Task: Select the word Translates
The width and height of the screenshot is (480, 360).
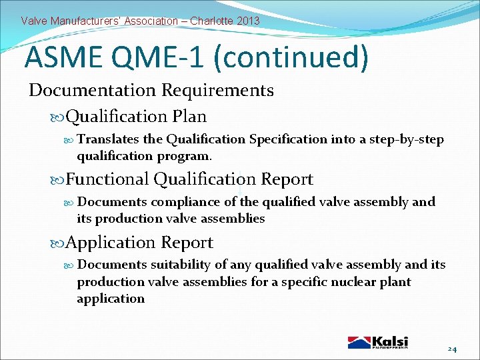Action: (x=109, y=139)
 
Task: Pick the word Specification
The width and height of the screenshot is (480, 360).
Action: (x=288, y=139)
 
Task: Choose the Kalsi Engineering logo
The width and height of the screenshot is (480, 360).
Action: (x=378, y=342)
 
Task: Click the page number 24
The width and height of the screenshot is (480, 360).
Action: (x=453, y=348)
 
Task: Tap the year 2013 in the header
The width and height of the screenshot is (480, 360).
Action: (x=248, y=21)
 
